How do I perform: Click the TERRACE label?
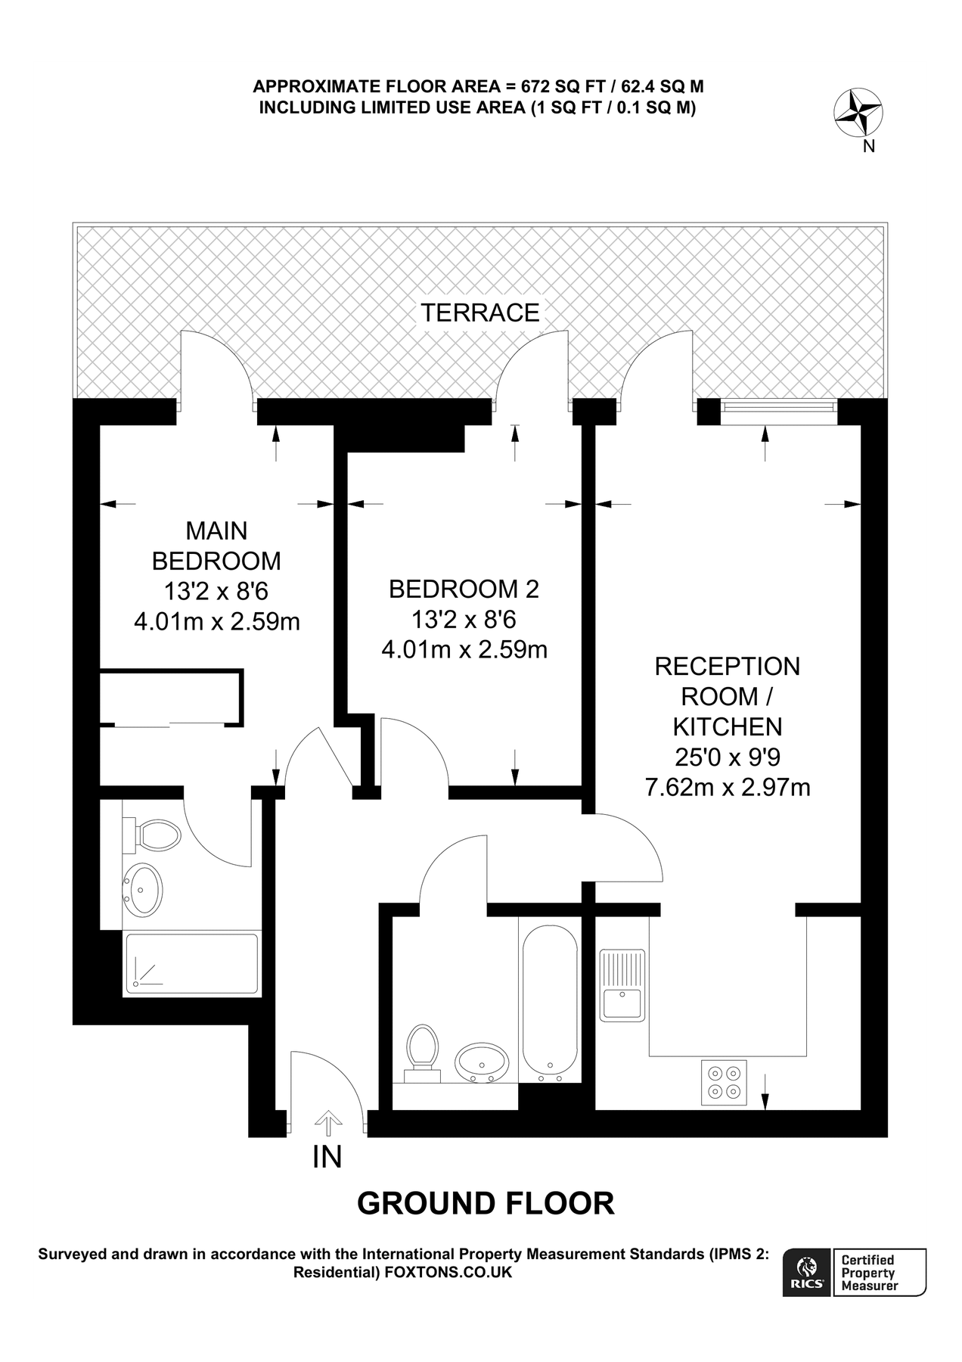(x=479, y=313)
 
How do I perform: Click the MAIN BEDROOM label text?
(x=216, y=546)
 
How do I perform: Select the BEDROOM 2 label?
(x=464, y=589)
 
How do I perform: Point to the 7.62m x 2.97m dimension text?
(x=727, y=788)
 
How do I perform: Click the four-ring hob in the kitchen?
(x=724, y=1082)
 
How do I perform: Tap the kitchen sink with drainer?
(x=622, y=984)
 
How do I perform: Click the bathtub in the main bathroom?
(x=549, y=999)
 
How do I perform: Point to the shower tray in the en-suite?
(x=191, y=963)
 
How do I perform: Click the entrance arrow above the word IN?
(x=327, y=1123)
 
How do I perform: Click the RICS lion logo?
(x=806, y=1272)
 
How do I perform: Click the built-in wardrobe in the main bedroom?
(x=172, y=697)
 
